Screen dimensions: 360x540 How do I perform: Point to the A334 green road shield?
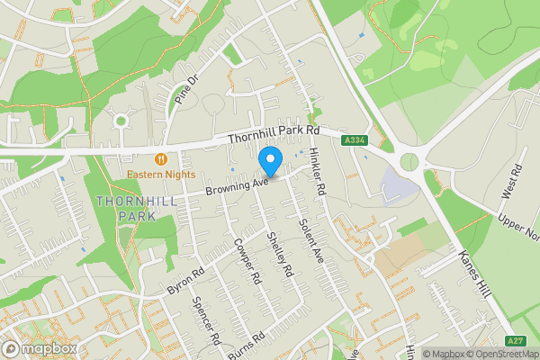[354, 139]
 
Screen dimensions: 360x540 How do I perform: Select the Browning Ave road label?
[238, 184]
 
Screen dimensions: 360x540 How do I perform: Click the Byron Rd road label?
[185, 281]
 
